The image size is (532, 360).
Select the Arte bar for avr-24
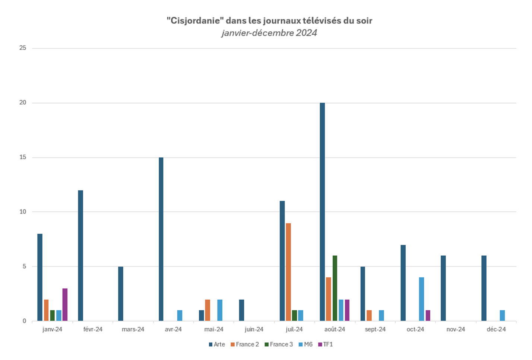click(x=161, y=239)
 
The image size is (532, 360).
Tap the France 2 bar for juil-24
click(x=288, y=272)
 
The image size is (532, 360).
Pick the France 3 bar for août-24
click(x=335, y=288)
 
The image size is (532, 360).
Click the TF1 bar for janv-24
click(x=65, y=304)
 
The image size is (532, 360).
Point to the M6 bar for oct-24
click(x=421, y=299)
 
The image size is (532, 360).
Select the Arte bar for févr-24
click(x=80, y=255)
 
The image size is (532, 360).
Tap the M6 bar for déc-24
click(x=502, y=315)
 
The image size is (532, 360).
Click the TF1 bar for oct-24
click(x=428, y=315)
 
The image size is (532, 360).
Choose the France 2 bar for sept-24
click(x=369, y=315)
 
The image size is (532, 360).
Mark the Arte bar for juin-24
click(x=242, y=310)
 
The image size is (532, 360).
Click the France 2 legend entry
click(x=245, y=344)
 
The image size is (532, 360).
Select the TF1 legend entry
click(x=326, y=344)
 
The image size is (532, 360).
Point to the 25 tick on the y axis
click(x=23, y=48)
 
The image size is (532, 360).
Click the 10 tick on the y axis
click(x=23, y=212)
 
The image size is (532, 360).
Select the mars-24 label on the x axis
click(x=133, y=329)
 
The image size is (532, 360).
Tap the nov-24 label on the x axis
click(x=456, y=329)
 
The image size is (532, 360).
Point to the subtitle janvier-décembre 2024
click(x=269, y=33)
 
